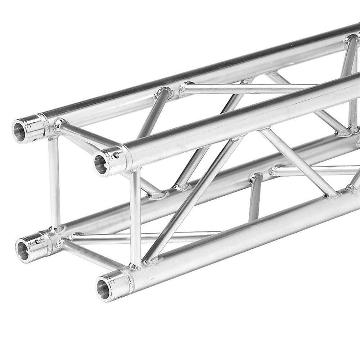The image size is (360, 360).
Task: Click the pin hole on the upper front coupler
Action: (x=116, y=156)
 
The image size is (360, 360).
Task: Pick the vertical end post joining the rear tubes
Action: (x=54, y=182)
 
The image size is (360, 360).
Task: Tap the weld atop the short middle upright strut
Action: (x=255, y=177)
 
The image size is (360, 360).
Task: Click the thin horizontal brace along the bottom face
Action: (x=144, y=238)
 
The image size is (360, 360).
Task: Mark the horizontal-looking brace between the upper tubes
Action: (x=248, y=87)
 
